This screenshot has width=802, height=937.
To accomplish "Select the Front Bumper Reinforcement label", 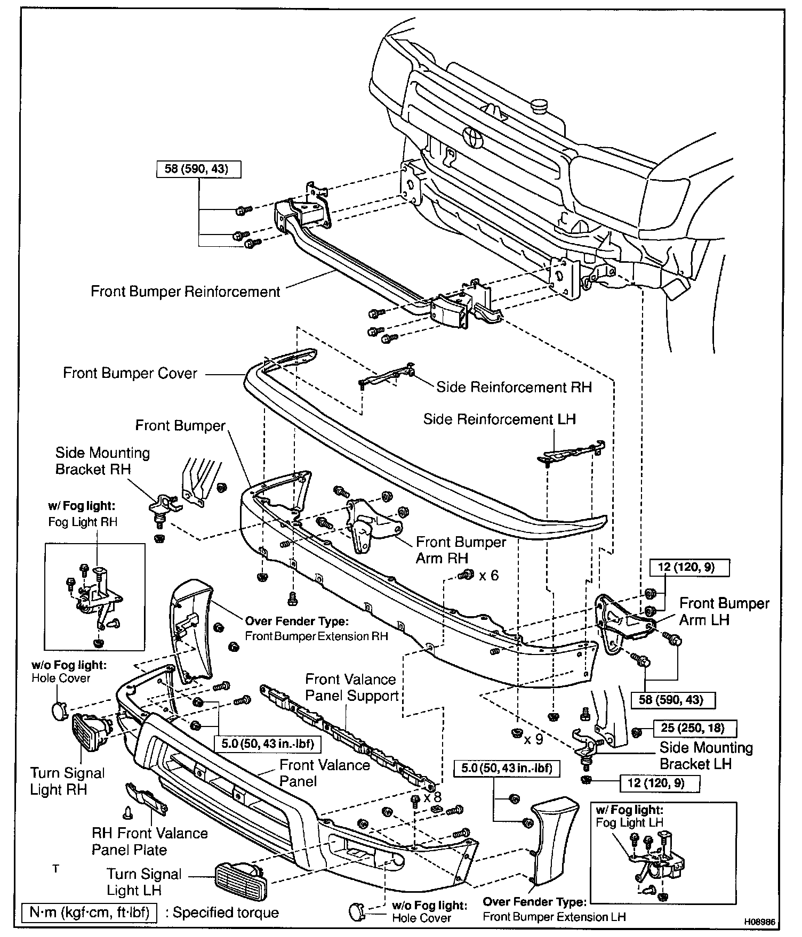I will click(x=185, y=292).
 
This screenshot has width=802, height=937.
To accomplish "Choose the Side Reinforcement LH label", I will click(x=499, y=419).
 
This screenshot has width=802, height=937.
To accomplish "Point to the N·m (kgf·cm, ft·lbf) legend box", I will click(x=90, y=912).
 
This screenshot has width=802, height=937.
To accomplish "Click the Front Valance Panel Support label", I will click(x=352, y=687).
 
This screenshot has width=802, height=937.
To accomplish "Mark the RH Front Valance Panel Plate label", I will click(x=149, y=841).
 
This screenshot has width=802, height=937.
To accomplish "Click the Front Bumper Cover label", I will click(x=130, y=373).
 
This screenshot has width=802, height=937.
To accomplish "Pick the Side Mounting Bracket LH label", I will click(x=706, y=755).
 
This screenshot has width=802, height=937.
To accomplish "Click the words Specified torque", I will click(x=226, y=912).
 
